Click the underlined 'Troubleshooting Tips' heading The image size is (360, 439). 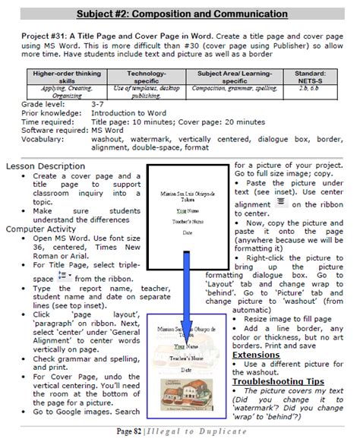click(279, 380)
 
